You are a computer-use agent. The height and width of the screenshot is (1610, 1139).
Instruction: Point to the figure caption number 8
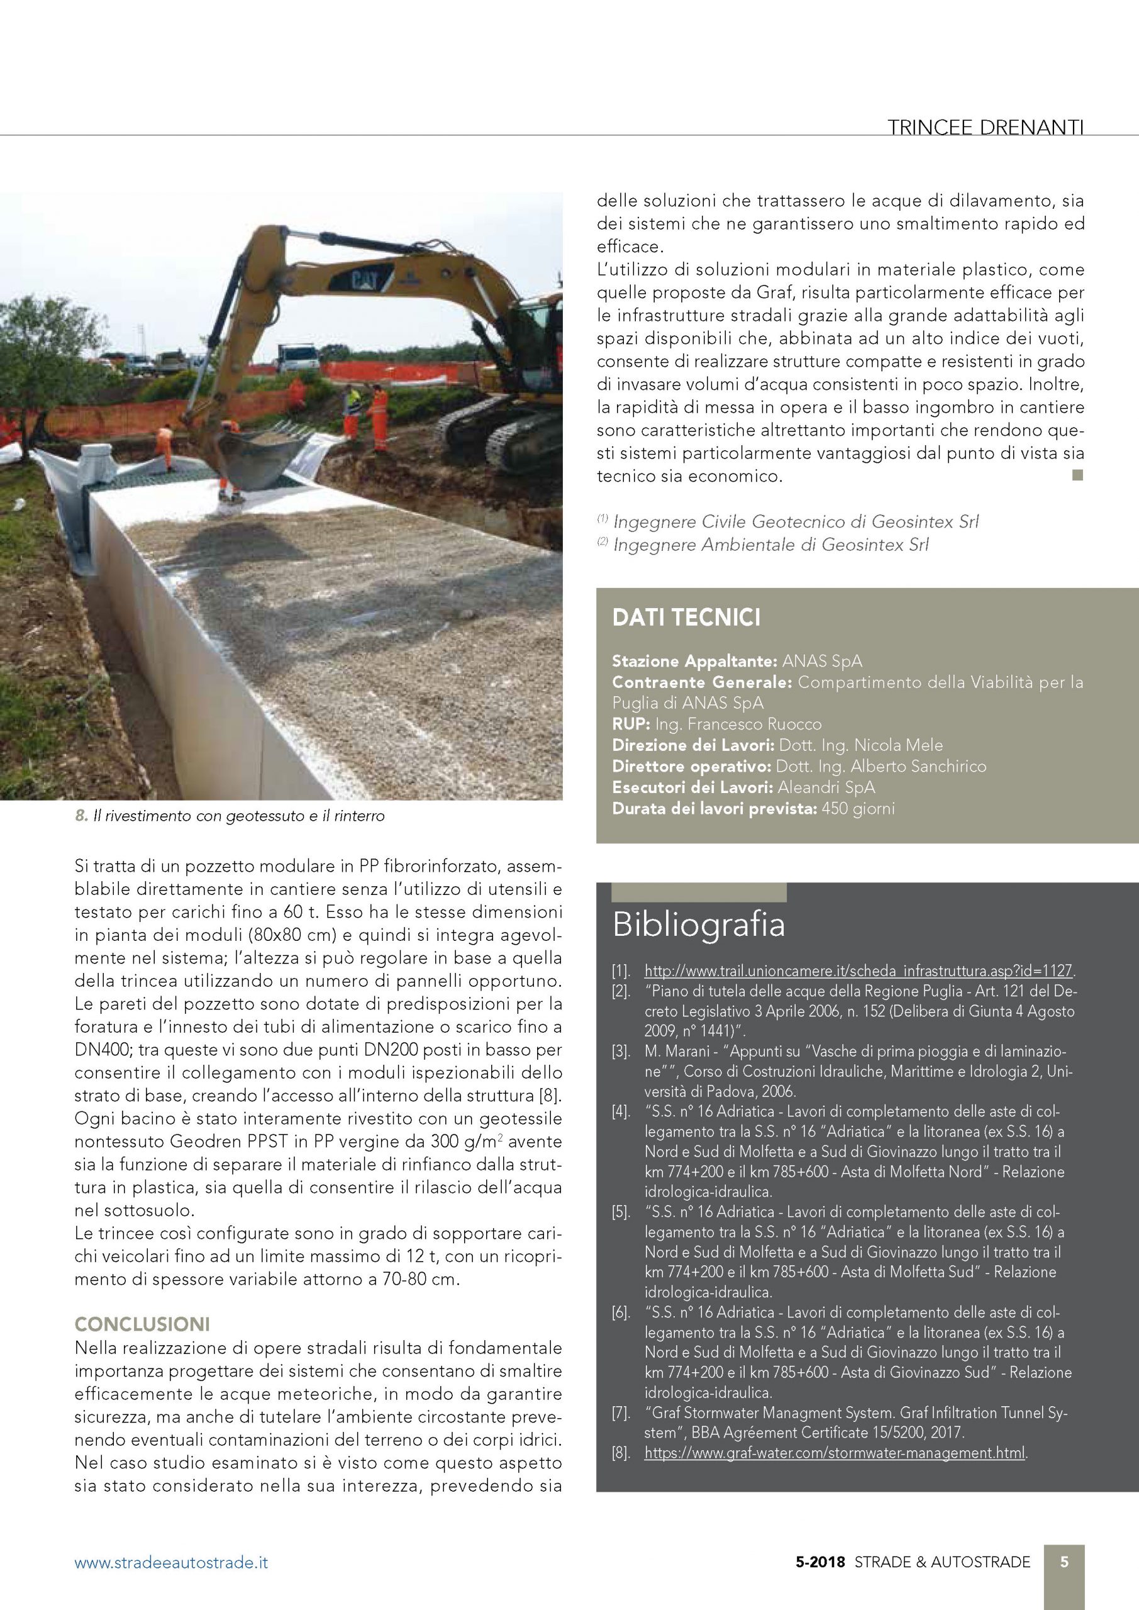pos(81,816)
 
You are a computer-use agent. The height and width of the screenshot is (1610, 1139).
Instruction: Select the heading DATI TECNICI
pos(686,618)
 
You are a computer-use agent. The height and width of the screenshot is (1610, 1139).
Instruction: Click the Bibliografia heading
pos(698,924)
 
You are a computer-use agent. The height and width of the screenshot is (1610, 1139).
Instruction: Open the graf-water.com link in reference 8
pos(834,1452)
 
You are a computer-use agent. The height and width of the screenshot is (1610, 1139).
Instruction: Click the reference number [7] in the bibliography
pos(621,1413)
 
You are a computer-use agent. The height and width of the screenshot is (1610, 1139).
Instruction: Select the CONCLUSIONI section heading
pos(142,1324)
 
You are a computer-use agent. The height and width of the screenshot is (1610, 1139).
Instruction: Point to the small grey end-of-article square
pos(1078,475)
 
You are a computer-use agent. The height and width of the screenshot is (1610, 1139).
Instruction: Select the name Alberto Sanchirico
pos(918,766)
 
